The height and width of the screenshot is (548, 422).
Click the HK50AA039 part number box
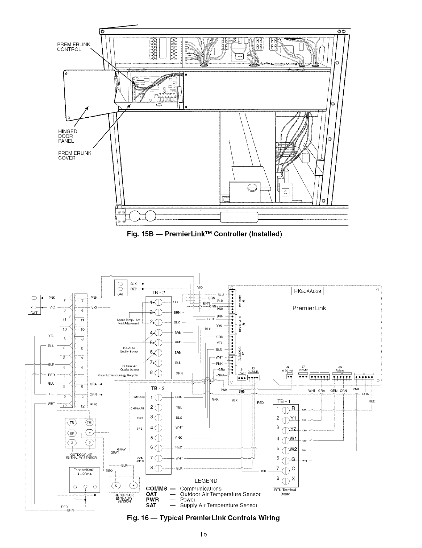click(x=306, y=291)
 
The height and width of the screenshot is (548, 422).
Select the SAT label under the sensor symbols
click(x=120, y=294)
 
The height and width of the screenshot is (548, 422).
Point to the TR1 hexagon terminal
click(x=90, y=423)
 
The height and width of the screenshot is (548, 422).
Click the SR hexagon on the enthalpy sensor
click(x=72, y=433)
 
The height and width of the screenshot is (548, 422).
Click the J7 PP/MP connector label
click(x=303, y=368)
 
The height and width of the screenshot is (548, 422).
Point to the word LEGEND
click(x=206, y=481)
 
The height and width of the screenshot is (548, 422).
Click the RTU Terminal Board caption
click(x=285, y=492)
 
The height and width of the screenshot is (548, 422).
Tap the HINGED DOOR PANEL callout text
click(x=68, y=136)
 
